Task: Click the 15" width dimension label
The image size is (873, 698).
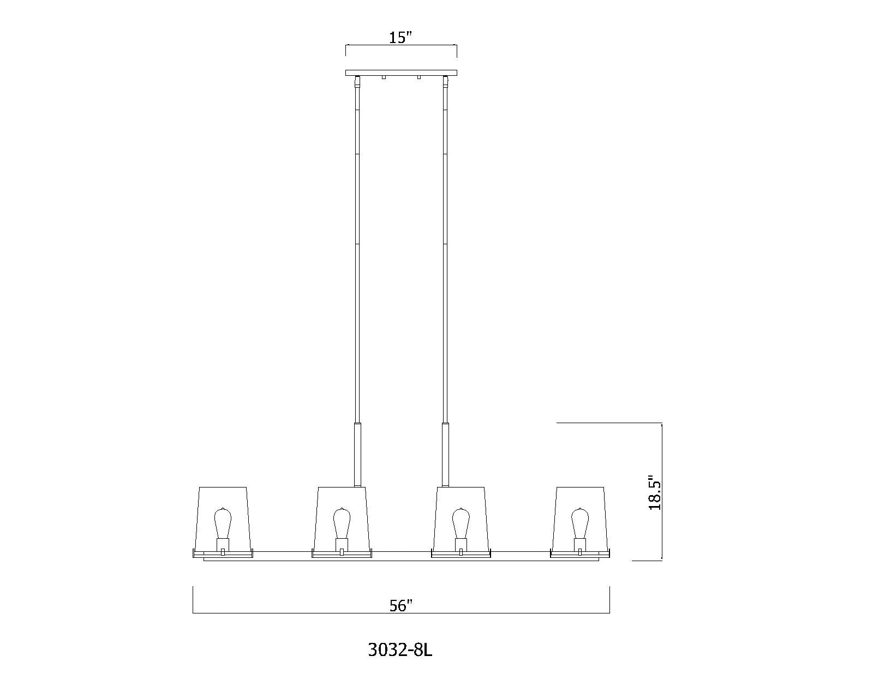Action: point(400,38)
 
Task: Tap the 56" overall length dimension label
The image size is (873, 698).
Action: point(401,605)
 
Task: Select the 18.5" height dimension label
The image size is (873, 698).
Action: point(655,492)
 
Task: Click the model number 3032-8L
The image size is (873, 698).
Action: point(400,661)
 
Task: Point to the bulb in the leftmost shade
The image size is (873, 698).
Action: point(223,523)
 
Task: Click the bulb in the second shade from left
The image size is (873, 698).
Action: point(342,523)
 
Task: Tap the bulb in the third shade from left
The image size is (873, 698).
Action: point(461,523)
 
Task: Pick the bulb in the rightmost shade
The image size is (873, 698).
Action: point(579,523)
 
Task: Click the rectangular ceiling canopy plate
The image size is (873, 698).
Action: point(401,73)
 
